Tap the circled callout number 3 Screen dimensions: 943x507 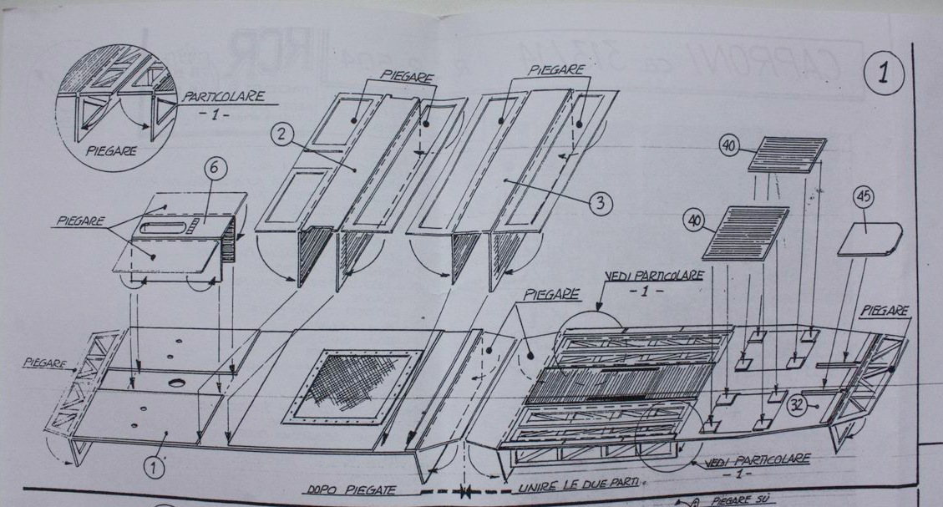click(x=601, y=202)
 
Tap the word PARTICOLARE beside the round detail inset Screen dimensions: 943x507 click(x=223, y=97)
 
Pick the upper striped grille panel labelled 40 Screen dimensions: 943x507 click(x=786, y=155)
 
